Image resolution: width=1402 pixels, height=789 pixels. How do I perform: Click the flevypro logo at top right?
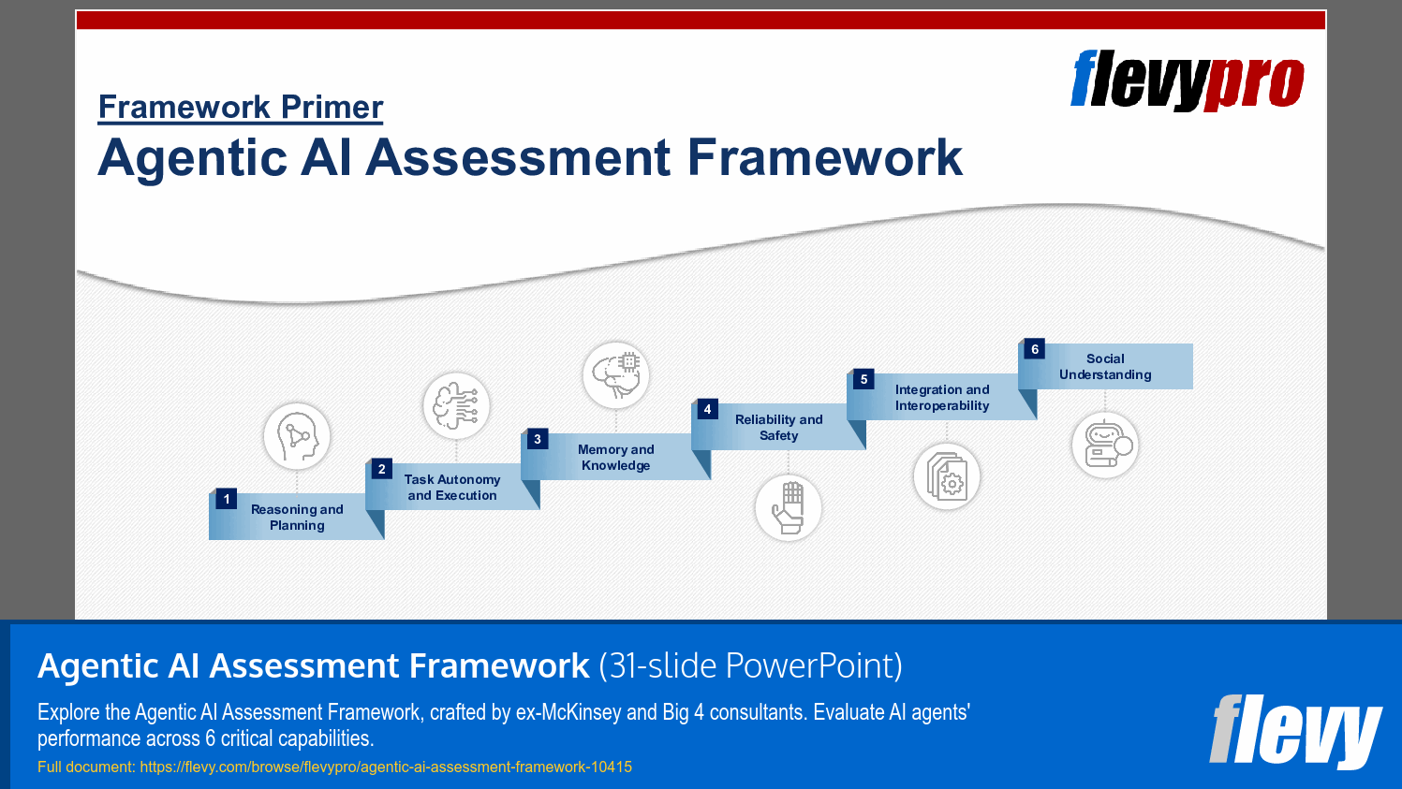(x=1187, y=80)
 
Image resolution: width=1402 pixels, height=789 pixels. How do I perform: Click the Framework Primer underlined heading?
(x=241, y=108)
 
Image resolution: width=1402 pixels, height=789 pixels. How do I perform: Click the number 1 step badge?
(x=227, y=499)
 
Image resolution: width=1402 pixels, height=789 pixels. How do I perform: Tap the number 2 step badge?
(x=381, y=469)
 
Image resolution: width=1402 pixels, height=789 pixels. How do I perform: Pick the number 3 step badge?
(x=537, y=439)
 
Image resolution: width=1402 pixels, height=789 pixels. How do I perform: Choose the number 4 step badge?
(x=707, y=409)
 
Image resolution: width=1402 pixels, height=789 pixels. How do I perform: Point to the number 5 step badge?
(x=863, y=379)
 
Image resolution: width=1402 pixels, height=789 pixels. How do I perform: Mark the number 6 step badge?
(x=1034, y=349)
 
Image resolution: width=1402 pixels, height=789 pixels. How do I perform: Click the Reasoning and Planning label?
(x=297, y=518)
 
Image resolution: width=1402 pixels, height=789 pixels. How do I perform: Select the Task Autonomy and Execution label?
(x=452, y=488)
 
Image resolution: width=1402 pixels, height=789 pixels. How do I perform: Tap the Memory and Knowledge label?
(x=615, y=458)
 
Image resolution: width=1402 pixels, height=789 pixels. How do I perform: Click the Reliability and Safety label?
(x=778, y=428)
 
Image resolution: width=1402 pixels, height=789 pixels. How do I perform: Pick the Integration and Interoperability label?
(x=942, y=398)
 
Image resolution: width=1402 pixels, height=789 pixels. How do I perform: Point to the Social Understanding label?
(x=1105, y=367)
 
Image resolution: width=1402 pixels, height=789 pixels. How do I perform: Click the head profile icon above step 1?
(x=297, y=436)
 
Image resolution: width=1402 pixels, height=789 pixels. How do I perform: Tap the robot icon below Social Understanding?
(x=1105, y=446)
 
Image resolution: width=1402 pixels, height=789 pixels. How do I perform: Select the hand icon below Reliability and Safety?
(x=789, y=507)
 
